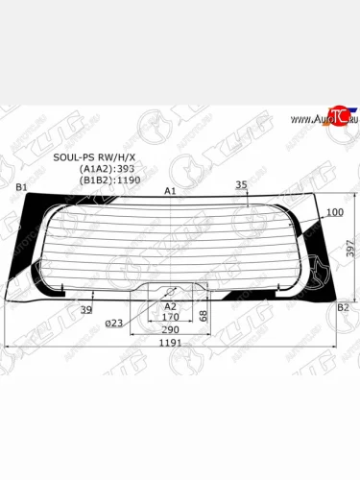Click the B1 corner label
click(19, 185)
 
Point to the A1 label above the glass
click(170, 192)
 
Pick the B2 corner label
click(342, 307)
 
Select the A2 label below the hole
click(170, 305)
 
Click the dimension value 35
click(241, 184)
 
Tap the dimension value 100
click(334, 211)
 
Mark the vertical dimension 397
click(351, 248)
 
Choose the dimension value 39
click(86, 309)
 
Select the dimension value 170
click(170, 316)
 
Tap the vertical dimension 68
click(204, 315)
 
